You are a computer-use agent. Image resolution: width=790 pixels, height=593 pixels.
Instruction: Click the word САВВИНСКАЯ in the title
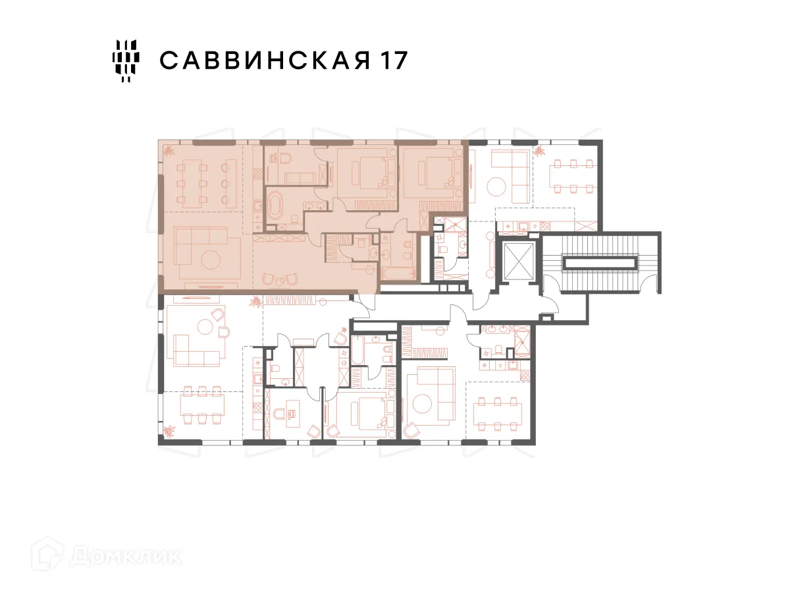tap(265, 60)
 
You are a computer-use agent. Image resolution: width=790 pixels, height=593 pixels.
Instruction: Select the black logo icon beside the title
tap(126, 61)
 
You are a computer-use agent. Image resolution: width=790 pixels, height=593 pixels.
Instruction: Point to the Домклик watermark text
tap(126, 557)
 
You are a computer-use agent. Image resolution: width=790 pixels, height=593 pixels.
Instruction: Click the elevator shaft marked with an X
tap(519, 261)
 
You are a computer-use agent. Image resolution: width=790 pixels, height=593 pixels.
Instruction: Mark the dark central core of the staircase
tap(599, 263)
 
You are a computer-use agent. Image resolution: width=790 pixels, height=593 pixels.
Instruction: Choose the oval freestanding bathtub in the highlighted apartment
tap(276, 206)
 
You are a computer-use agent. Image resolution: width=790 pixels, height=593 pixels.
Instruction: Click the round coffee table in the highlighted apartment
tap(211, 259)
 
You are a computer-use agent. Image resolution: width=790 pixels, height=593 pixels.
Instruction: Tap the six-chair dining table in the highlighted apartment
tap(192, 184)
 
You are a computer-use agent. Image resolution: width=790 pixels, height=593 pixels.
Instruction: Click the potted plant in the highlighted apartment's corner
tap(169, 150)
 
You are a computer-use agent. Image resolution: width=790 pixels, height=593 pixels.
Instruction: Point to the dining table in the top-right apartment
tap(573, 177)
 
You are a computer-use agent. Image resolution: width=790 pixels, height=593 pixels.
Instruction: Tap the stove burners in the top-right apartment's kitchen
tap(545, 227)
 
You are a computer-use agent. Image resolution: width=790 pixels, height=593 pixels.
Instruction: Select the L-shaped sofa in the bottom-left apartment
tap(196, 351)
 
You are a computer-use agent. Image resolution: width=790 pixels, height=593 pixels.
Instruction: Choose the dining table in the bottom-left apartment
tap(202, 405)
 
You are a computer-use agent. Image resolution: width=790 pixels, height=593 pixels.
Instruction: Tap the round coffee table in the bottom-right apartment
tap(422, 404)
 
